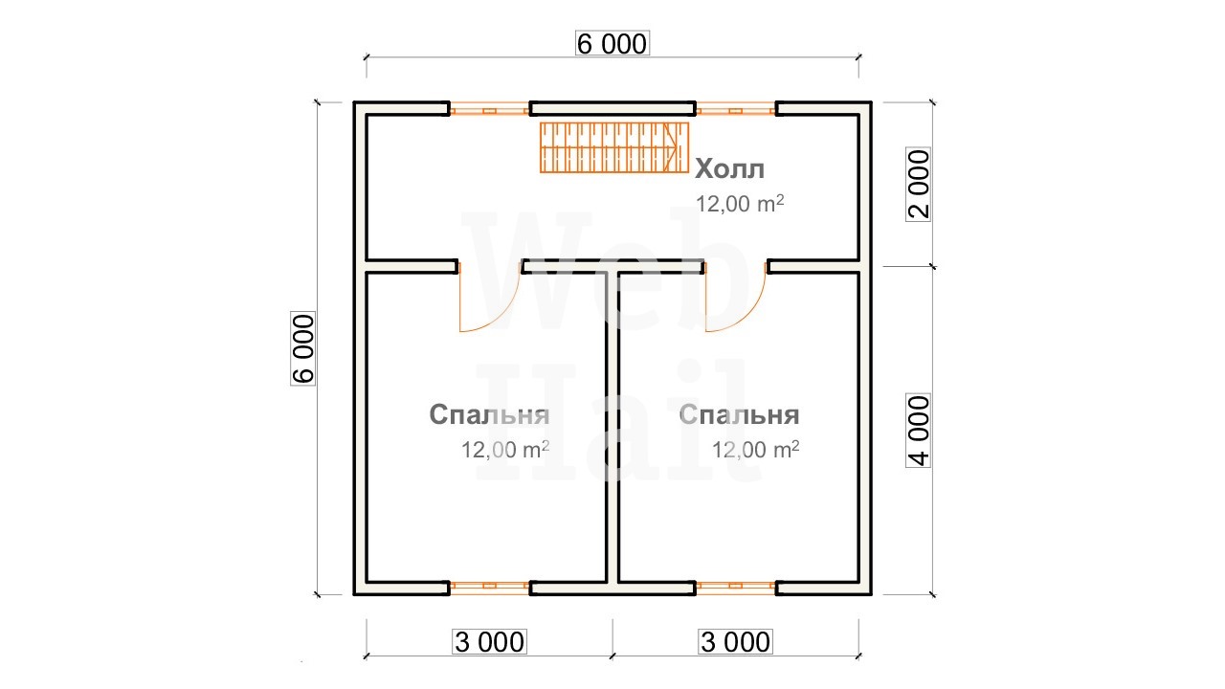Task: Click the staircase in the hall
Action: [614, 147]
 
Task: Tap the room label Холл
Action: [729, 169]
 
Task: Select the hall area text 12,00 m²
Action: [740, 204]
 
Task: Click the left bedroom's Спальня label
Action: [489, 415]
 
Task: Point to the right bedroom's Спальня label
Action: [739, 415]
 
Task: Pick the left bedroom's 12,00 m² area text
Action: [504, 450]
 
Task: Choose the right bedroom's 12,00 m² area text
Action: [755, 450]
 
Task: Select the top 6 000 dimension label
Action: [612, 44]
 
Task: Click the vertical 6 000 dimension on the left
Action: [303, 348]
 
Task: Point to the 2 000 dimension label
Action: [918, 185]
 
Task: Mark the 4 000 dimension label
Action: [918, 431]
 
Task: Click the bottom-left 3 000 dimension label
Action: [489, 641]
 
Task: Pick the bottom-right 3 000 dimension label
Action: [735, 641]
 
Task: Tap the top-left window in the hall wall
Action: [489, 109]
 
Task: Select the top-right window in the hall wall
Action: [736, 109]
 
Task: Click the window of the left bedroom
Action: [489, 588]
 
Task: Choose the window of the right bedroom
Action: [736, 588]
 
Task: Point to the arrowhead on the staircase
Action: [672, 147]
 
